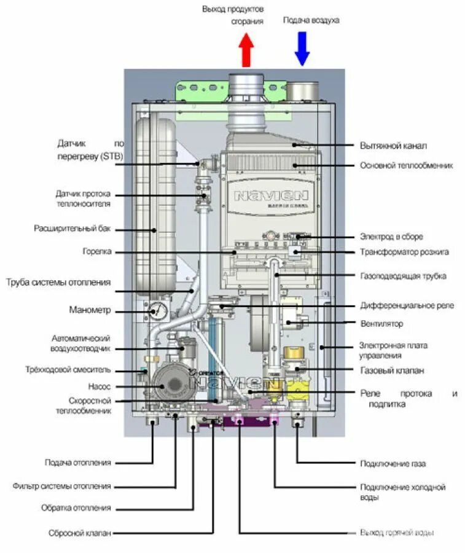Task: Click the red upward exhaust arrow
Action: (x=246, y=50)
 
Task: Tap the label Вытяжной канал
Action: (x=393, y=146)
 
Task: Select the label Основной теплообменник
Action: (x=407, y=165)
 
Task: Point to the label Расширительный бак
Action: (x=73, y=229)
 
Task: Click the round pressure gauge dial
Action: (x=157, y=311)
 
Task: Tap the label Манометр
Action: (x=90, y=310)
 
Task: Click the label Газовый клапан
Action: (x=392, y=371)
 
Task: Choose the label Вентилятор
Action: (x=381, y=323)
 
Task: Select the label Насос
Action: (x=100, y=386)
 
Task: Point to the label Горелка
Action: (x=97, y=252)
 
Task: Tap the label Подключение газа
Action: (x=393, y=464)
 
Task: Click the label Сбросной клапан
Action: (x=80, y=533)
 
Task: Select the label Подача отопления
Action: (x=78, y=462)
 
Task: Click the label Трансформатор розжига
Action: (x=404, y=252)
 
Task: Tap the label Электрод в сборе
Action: (x=391, y=237)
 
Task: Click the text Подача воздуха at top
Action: (x=311, y=20)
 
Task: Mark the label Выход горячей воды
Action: (x=398, y=533)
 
